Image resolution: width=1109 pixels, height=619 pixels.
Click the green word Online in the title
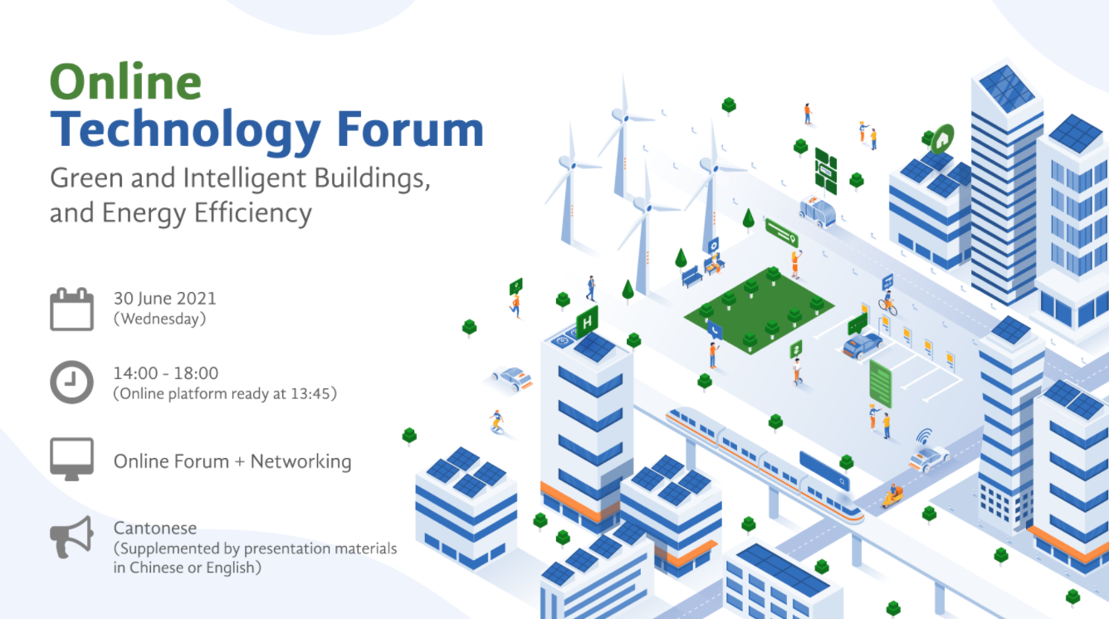click(125, 81)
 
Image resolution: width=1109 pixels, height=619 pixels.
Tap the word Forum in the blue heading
click(410, 129)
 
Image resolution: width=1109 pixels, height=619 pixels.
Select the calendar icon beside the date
click(71, 309)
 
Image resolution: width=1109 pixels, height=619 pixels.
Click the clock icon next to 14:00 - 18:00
click(71, 382)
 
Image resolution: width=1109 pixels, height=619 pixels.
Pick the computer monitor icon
click(71, 459)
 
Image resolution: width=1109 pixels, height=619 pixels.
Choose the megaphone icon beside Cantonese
click(71, 537)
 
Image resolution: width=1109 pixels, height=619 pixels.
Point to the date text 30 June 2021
click(165, 299)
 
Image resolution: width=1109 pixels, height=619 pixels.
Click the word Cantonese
click(155, 528)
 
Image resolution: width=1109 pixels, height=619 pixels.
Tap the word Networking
click(301, 461)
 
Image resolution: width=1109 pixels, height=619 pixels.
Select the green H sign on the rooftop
click(587, 323)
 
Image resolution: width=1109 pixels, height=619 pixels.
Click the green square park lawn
click(759, 310)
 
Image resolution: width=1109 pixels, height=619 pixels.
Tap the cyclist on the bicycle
click(888, 303)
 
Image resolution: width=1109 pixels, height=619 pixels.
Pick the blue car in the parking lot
click(862, 344)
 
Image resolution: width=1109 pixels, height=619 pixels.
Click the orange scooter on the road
click(892, 496)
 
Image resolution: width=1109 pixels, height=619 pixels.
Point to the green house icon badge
click(942, 139)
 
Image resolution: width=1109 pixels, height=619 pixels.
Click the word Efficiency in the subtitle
click(253, 214)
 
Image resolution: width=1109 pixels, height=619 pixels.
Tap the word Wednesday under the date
click(160, 319)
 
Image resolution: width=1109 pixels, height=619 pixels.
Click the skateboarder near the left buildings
click(496, 422)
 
